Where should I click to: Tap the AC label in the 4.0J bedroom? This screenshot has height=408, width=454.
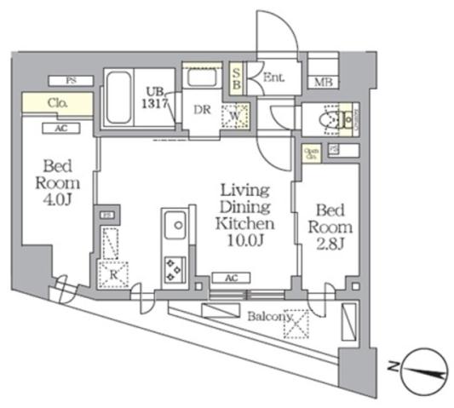click(60, 128)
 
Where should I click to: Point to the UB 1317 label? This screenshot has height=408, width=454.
click(157, 96)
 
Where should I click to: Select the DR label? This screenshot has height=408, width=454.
click(203, 110)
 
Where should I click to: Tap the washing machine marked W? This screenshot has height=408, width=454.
click(234, 114)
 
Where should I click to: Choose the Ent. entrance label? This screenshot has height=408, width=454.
click(273, 78)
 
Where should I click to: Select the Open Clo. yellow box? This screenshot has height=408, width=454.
click(312, 153)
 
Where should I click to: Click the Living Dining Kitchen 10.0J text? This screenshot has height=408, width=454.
click(245, 215)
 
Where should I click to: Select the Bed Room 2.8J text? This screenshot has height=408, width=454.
click(328, 226)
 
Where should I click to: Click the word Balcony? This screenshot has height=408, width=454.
click(270, 317)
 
